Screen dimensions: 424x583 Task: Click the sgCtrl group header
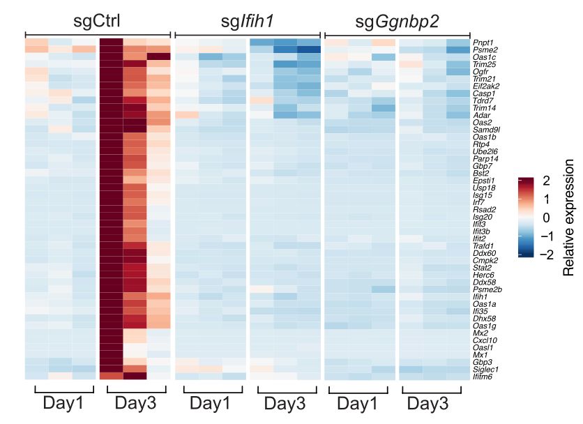click(x=97, y=20)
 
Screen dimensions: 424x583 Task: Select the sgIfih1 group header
click(x=247, y=20)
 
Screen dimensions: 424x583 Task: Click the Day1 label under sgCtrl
click(x=64, y=403)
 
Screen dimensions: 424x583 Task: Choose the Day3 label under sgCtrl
click(x=137, y=403)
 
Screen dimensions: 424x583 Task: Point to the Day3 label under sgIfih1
click(x=286, y=403)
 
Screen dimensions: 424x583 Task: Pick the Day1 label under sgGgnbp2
click(x=357, y=403)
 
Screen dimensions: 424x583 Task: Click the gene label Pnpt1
click(x=483, y=43)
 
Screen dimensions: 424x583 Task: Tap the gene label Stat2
click(x=481, y=267)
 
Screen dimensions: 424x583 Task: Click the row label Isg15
click(x=482, y=195)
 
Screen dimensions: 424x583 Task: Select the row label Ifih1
click(x=480, y=296)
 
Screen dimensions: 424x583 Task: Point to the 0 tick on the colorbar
click(x=546, y=218)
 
